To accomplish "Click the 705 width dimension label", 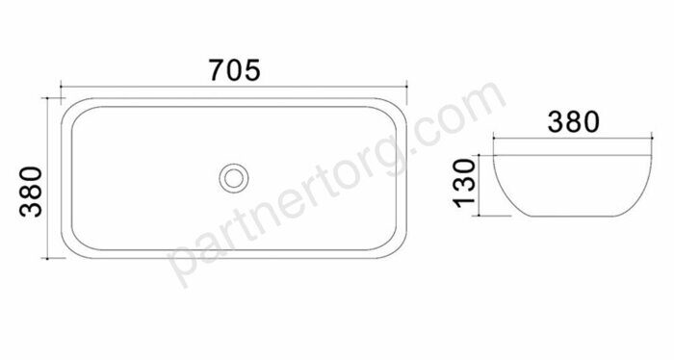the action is [235, 70].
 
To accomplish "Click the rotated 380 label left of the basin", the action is [32, 192].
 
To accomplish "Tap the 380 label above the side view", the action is [574, 121].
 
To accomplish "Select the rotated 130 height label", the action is [465, 183].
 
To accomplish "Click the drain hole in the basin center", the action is [234, 178].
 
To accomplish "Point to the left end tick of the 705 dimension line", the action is [61, 87].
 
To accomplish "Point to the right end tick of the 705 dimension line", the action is [406, 87].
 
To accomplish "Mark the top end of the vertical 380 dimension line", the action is [47, 98].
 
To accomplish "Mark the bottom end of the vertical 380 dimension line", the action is [47, 258].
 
